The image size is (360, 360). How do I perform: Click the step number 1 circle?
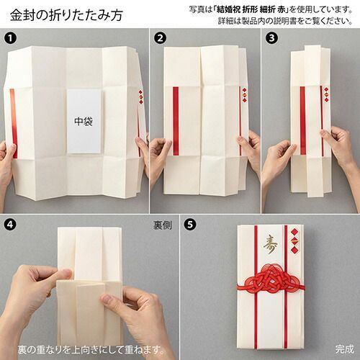click(11, 38)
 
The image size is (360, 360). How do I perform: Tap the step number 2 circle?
click(160, 38)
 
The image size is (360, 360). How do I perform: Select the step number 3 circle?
click(271, 38)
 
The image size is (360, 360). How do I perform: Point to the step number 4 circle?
click(11, 224)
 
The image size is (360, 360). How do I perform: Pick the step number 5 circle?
click(190, 224)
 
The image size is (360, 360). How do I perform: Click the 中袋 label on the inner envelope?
click(84, 122)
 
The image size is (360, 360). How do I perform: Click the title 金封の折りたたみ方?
click(66, 15)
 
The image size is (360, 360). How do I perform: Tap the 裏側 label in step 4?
click(163, 225)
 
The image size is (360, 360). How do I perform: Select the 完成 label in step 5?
click(345, 349)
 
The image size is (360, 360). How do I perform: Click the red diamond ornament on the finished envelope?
click(294, 240)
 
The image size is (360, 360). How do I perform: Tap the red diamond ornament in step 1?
click(140, 96)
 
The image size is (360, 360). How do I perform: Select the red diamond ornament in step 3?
click(326, 94)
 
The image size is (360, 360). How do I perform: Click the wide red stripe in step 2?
click(176, 121)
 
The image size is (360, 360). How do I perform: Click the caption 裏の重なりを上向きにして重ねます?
click(91, 350)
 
